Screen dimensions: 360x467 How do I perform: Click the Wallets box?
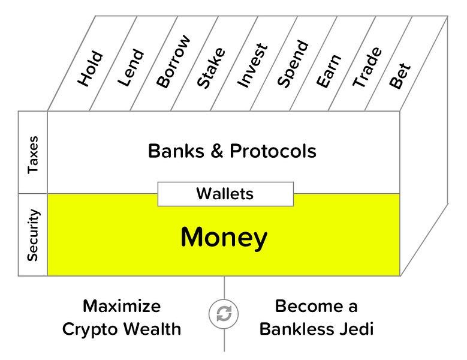[x=225, y=194]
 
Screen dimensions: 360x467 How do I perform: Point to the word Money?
[x=224, y=238]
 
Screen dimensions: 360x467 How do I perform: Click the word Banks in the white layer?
[x=174, y=151]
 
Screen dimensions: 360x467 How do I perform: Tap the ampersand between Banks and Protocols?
[x=215, y=151]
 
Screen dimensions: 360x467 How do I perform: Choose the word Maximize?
[x=122, y=307]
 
